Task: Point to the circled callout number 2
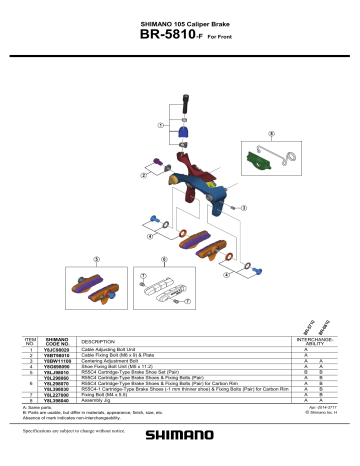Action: [x=144, y=174]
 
